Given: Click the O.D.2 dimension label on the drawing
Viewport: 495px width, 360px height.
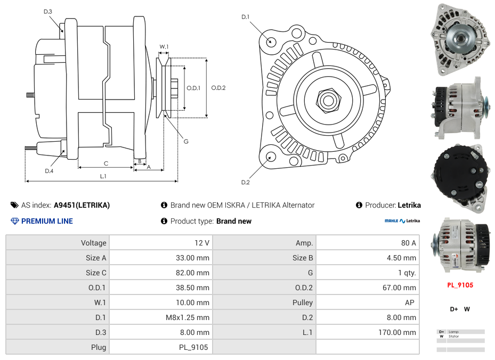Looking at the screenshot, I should pos(218,88).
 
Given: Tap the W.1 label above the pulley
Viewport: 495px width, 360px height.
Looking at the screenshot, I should pos(164,47).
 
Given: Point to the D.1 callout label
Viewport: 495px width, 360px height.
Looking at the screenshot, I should pos(245,17).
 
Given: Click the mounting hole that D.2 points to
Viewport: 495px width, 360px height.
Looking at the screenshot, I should pos(271,157).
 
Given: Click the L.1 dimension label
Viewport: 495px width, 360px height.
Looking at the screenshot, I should pos(103,176).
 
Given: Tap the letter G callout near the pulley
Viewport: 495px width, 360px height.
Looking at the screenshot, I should pos(186,142).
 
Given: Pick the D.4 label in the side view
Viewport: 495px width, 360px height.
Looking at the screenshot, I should pos(49,171).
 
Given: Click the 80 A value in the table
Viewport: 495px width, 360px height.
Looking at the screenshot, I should pos(408,243).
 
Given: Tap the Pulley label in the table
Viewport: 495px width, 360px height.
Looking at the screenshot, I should pos(302,302).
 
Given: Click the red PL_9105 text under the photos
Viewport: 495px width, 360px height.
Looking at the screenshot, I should pos(460,285).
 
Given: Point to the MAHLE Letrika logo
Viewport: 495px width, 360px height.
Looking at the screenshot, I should pos(402,221).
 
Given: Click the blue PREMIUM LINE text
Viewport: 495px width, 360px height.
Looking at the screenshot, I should pos(47,221).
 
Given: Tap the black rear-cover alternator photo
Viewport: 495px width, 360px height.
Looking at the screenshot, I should pos(459,177).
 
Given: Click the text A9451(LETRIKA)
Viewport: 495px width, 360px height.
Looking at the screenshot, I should pos(82,205).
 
